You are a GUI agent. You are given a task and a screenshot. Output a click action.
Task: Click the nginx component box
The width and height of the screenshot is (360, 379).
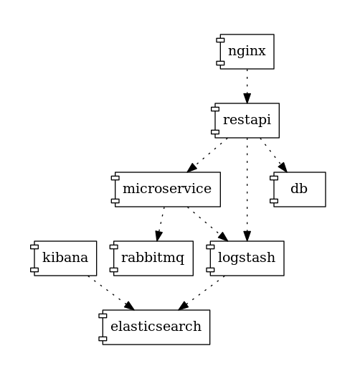[x=247, y=52]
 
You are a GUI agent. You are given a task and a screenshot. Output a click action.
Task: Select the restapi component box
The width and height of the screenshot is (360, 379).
[x=247, y=121]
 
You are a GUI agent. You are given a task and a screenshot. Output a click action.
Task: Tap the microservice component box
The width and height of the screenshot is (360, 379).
[x=167, y=189]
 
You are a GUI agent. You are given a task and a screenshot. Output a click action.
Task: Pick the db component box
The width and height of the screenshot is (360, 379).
[x=300, y=189]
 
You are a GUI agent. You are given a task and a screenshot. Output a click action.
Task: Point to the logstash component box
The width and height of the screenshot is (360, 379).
[x=247, y=258]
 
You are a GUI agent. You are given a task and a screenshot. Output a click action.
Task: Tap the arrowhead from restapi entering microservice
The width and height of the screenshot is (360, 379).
[x=193, y=167]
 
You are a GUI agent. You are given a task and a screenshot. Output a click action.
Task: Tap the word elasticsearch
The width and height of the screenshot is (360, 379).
[x=156, y=327]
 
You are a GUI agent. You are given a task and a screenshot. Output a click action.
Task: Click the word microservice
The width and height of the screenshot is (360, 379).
[x=167, y=189]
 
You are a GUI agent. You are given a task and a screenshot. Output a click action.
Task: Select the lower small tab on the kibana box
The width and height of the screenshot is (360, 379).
[x=34, y=269]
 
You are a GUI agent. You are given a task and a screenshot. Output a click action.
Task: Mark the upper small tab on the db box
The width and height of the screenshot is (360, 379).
[x=274, y=179]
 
